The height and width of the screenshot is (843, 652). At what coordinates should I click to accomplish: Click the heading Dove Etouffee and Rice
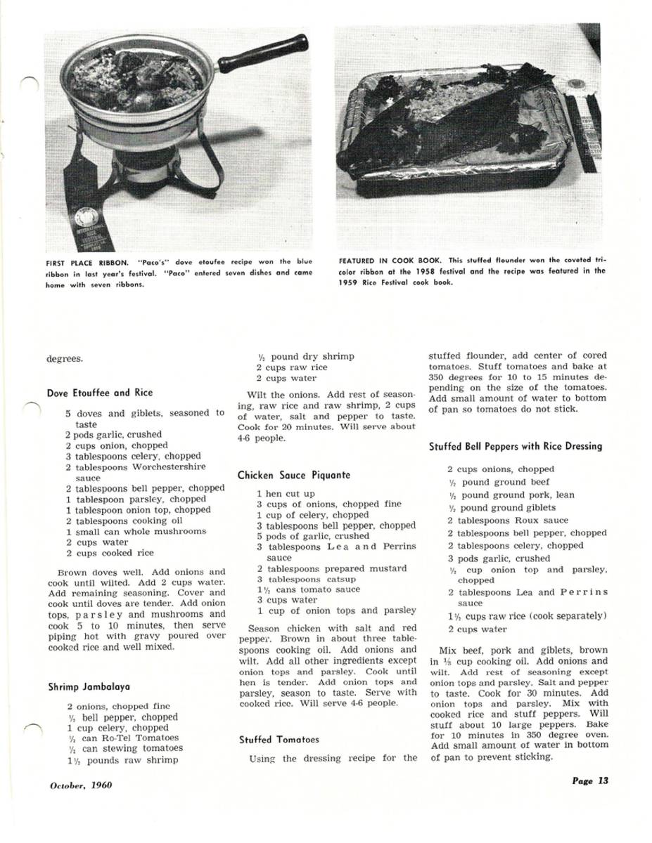pyautogui.click(x=99, y=393)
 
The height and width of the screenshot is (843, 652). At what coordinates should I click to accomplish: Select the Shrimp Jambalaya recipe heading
pyautogui.click(x=89, y=686)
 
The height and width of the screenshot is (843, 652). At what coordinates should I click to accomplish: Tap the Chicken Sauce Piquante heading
pyautogui.click(x=293, y=476)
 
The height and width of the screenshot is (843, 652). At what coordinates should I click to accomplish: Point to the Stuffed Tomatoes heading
pyautogui.click(x=279, y=739)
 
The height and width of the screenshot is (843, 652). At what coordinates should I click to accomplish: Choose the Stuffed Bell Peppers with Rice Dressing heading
pyautogui.click(x=516, y=446)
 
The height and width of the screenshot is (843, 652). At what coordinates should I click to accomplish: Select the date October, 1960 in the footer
pyautogui.click(x=81, y=785)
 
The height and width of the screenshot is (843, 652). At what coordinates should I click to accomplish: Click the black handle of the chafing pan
pyautogui.click(x=262, y=53)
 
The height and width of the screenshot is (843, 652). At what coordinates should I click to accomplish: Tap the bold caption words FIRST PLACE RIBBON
pyautogui.click(x=87, y=263)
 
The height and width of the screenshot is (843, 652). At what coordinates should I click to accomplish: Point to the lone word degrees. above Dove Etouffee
pyautogui.click(x=65, y=359)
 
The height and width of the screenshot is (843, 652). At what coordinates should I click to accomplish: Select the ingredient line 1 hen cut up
pyautogui.click(x=286, y=494)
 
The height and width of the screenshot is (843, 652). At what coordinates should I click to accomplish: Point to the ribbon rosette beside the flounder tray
pyautogui.click(x=577, y=90)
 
